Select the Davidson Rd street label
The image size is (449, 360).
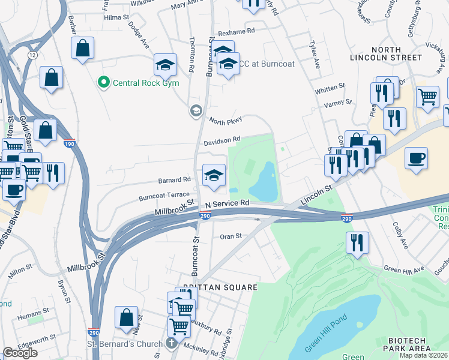point(221,141)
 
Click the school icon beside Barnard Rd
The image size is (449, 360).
point(214,175)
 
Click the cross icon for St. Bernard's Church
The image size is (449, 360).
point(170,344)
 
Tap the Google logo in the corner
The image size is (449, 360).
point(20,352)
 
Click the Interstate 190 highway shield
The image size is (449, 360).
point(70,143)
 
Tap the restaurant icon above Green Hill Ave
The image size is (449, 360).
point(357,244)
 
